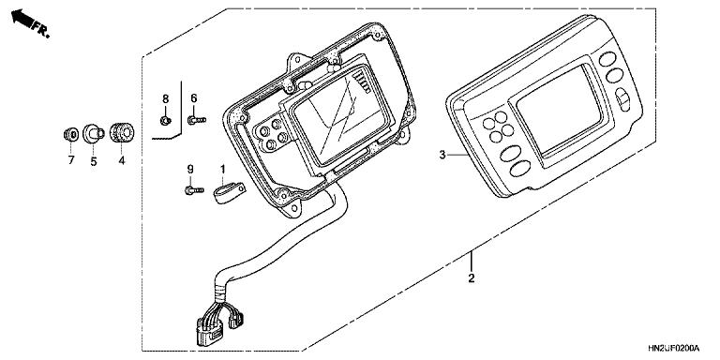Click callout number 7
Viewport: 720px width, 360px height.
(x=69, y=160)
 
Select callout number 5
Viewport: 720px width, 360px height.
(x=94, y=160)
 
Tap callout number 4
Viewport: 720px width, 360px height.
(x=120, y=160)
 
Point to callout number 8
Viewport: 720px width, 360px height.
(x=165, y=98)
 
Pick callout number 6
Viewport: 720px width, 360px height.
(x=193, y=98)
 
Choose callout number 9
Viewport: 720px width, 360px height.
(x=190, y=170)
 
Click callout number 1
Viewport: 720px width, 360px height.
(x=222, y=170)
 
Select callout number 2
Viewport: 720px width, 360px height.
(x=472, y=277)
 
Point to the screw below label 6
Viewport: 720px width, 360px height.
(x=194, y=119)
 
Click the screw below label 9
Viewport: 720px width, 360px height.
(x=192, y=190)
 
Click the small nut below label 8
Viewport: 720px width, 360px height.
(x=165, y=119)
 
